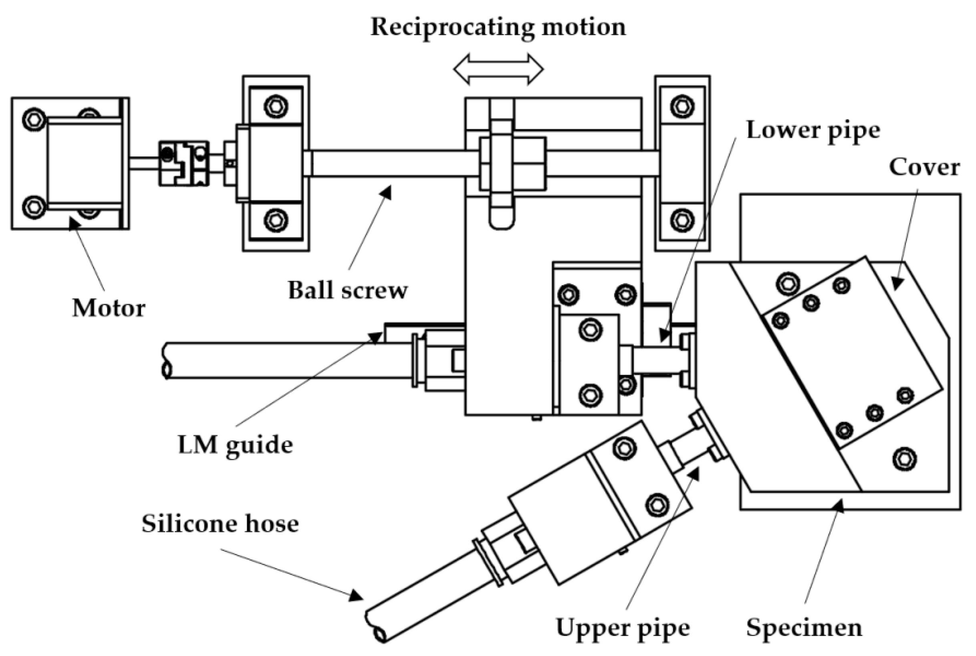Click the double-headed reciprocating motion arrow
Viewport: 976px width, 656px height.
[x=498, y=69]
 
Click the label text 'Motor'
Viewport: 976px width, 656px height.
[x=109, y=308]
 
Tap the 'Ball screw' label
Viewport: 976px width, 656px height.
[x=347, y=290]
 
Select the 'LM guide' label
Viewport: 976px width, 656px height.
[x=235, y=445]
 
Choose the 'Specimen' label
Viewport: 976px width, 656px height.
[x=804, y=627]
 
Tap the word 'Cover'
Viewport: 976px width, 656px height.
[x=924, y=167]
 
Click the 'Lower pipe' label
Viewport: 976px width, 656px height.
[x=813, y=130]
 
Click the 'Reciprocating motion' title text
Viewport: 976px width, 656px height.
[x=498, y=27]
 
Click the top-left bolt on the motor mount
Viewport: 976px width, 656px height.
[x=34, y=120]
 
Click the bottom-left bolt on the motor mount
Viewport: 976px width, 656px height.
[x=34, y=207]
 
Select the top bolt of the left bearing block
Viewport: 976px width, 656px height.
[x=276, y=106]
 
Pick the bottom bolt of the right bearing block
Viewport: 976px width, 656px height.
[x=682, y=220]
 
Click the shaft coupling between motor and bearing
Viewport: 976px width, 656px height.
[x=184, y=163]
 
